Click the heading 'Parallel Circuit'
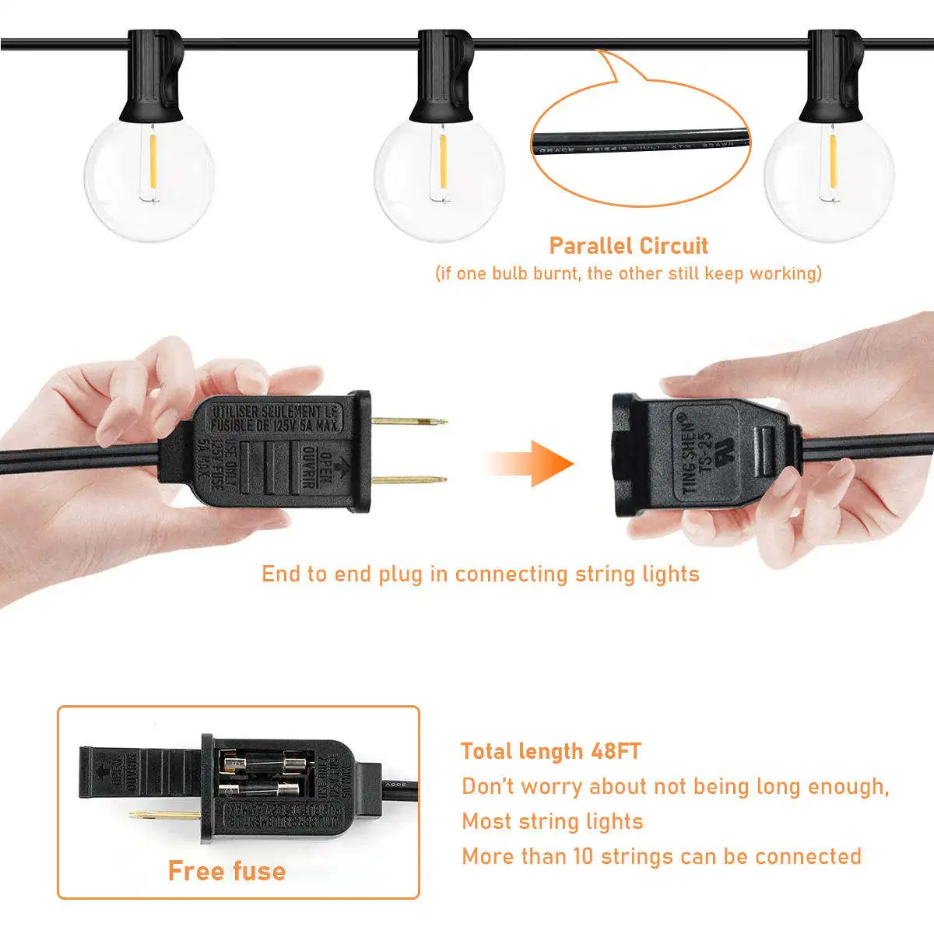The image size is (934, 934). pyautogui.click(x=628, y=246)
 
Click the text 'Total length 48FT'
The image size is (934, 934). pyautogui.click(x=550, y=751)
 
